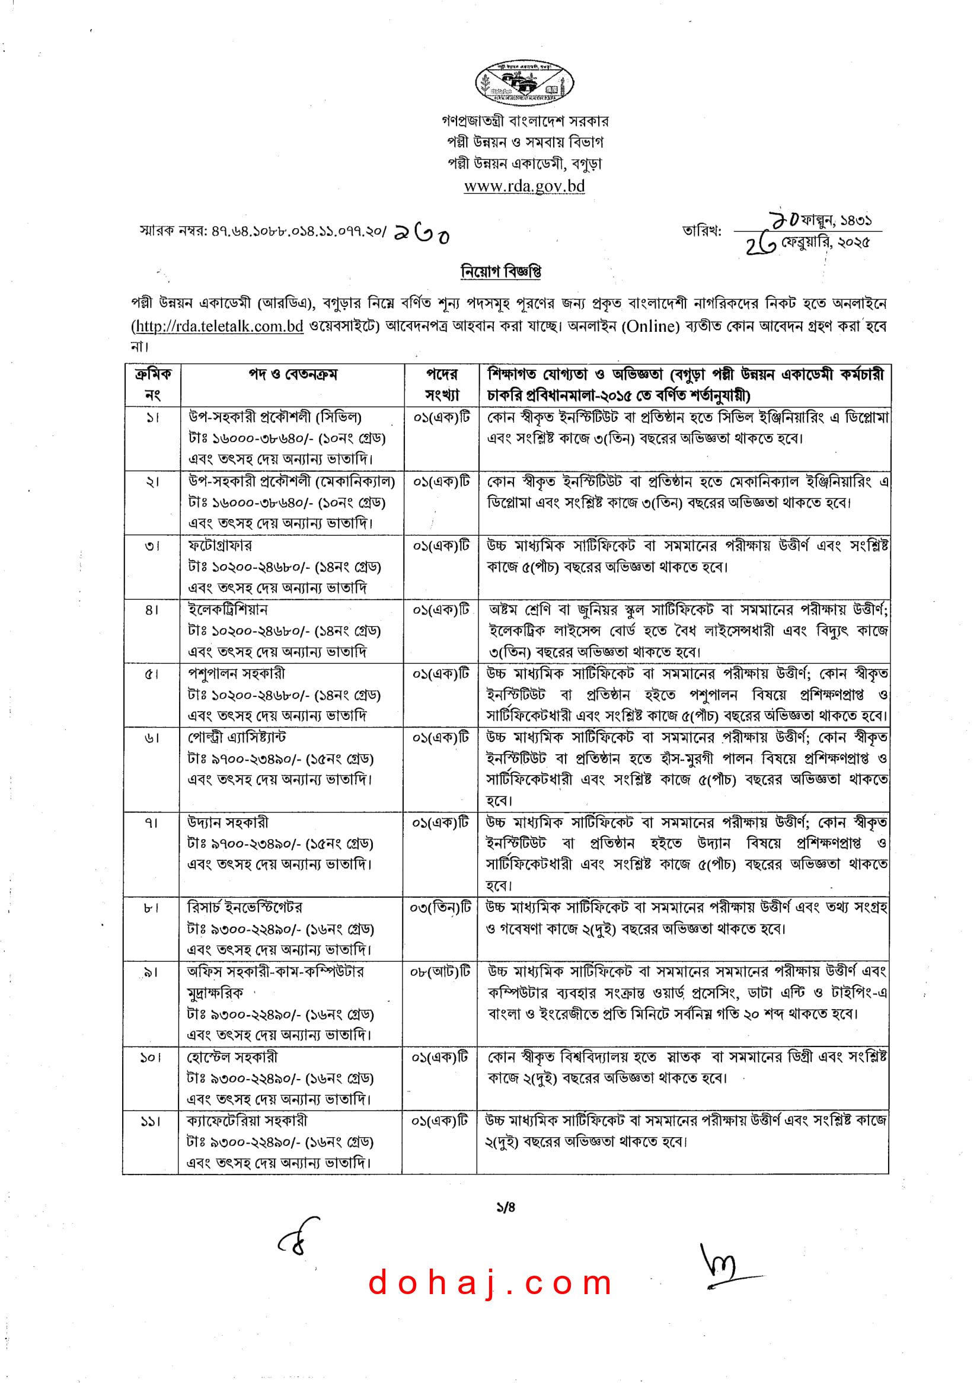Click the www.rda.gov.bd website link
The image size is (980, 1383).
[524, 186]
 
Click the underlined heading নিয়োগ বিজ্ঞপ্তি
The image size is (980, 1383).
[500, 271]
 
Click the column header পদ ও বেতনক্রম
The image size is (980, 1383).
[293, 374]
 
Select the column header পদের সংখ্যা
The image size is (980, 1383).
[442, 385]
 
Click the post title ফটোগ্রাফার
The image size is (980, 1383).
[221, 545]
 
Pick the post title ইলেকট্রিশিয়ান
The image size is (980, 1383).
[228, 609]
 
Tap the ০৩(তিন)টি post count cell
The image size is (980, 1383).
[440, 908]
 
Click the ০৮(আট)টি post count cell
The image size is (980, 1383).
[440, 972]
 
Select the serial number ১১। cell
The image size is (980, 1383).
[150, 1121]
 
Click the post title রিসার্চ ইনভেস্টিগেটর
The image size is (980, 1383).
[244, 908]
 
